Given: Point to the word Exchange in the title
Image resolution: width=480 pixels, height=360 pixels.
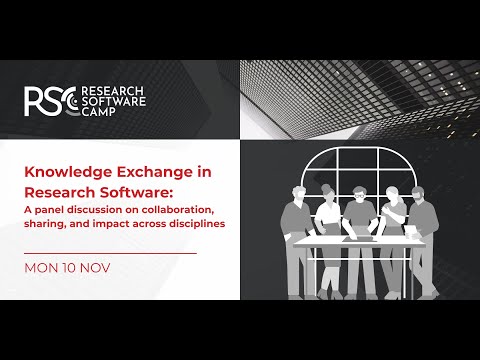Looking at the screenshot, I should [x=151, y=172].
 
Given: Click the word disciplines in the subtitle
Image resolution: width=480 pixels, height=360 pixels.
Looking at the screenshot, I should [x=195, y=223].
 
